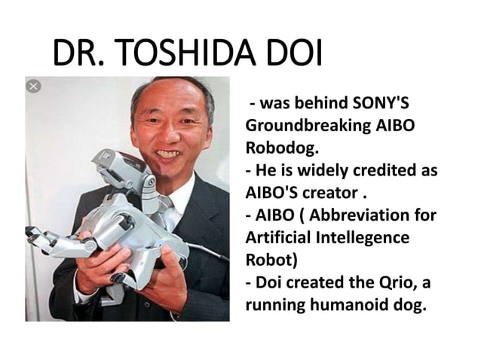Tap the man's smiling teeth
168,154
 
